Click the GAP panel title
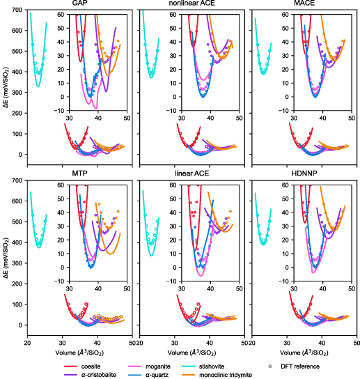(x=79, y=3)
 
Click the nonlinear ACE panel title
(x=192, y=3)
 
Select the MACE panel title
(x=304, y=3)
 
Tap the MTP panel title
(x=79, y=173)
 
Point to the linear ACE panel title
(x=192, y=173)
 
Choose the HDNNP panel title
(x=304, y=173)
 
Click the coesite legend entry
(x=82, y=366)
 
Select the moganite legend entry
(x=149, y=366)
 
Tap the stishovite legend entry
(x=203, y=366)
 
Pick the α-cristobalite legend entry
(x=90, y=375)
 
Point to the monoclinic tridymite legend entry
(x=217, y=375)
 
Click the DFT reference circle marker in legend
(x=270, y=366)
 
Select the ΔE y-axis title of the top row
(x=7, y=87)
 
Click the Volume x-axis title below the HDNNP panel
(x=304, y=353)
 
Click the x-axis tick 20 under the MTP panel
(x=27, y=343)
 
